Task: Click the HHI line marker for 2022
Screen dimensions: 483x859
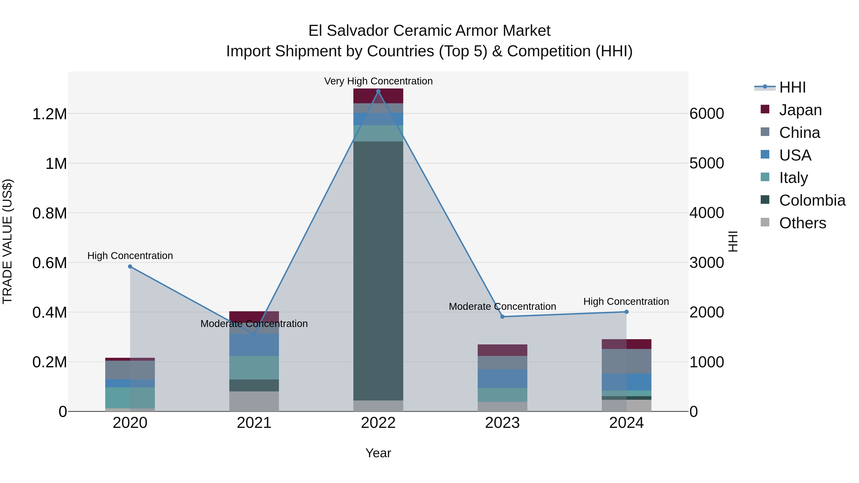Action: click(x=378, y=91)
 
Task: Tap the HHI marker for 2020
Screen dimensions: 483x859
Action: click(x=130, y=267)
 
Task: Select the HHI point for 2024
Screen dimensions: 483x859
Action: click(x=626, y=312)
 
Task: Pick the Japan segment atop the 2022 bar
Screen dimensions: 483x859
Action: click(x=378, y=96)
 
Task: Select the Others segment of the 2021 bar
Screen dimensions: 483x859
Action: click(x=254, y=401)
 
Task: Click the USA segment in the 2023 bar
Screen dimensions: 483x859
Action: click(x=503, y=378)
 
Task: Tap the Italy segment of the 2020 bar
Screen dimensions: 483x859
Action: click(x=130, y=398)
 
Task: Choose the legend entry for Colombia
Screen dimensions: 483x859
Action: click(x=812, y=200)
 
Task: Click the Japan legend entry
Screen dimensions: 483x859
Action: click(x=800, y=110)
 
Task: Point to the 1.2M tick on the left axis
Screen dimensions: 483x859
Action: click(x=49, y=114)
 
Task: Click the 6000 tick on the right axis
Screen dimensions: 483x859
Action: click(x=707, y=114)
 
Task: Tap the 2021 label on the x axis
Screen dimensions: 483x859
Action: click(x=254, y=423)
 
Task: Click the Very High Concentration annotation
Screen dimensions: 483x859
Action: click(x=378, y=81)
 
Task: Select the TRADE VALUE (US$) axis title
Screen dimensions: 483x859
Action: click(x=7, y=241)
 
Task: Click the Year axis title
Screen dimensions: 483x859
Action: click(x=378, y=453)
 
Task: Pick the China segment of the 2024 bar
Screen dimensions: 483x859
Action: click(x=626, y=361)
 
